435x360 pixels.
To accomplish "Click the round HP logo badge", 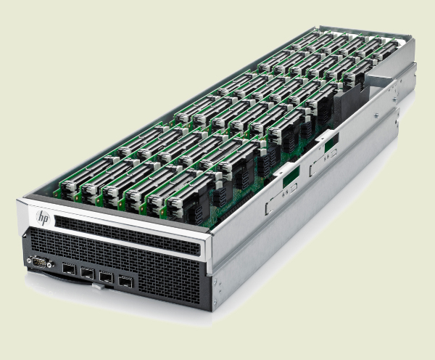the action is click(x=43, y=218).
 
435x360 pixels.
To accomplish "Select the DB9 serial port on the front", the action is click(x=39, y=262).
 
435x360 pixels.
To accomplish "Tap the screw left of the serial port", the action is click(x=29, y=261).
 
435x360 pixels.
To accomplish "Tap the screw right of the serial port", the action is click(x=50, y=263).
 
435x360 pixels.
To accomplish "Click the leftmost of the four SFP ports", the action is click(x=69, y=269).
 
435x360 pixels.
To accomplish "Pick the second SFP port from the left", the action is click(x=88, y=274).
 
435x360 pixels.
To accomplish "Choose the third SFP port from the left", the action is click(x=106, y=277).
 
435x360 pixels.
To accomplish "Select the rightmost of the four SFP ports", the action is click(x=125, y=282).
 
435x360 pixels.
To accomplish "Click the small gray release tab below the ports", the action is click(x=99, y=287).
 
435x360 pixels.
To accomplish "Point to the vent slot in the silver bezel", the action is click(x=127, y=236).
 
